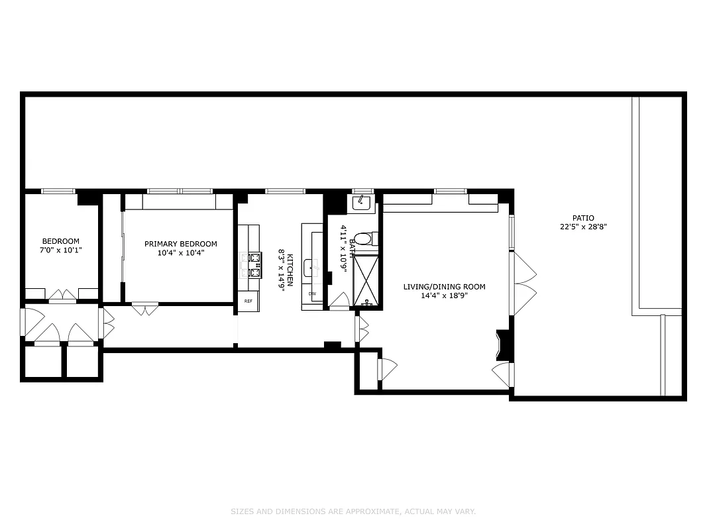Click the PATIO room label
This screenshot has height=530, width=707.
click(583, 218)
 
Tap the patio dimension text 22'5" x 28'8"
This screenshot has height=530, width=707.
click(583, 227)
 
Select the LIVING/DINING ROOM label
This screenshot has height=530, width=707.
click(445, 287)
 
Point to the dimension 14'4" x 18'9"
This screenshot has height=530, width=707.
click(445, 295)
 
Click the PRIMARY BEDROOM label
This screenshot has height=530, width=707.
click(180, 244)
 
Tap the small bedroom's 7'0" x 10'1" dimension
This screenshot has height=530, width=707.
click(61, 250)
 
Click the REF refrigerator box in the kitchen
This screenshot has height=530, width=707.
click(248, 301)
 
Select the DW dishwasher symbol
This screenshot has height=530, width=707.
click(311, 293)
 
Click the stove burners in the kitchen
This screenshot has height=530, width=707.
click(254, 264)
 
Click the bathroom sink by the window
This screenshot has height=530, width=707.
click(362, 203)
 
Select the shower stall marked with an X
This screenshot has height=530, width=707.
click(366, 282)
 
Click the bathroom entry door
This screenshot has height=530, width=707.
click(340, 302)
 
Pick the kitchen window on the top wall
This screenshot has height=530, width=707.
click(284, 191)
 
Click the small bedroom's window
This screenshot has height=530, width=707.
click(58, 191)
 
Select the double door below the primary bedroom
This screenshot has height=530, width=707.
click(145, 307)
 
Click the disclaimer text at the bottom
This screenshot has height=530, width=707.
click(353, 511)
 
